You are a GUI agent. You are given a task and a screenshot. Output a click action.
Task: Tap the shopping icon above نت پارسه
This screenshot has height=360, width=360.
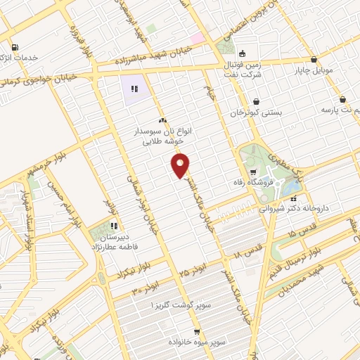pyautogui.click(x=342, y=99)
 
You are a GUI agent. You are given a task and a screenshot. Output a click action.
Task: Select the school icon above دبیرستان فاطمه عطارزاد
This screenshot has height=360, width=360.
pyautogui.click(x=114, y=226)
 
